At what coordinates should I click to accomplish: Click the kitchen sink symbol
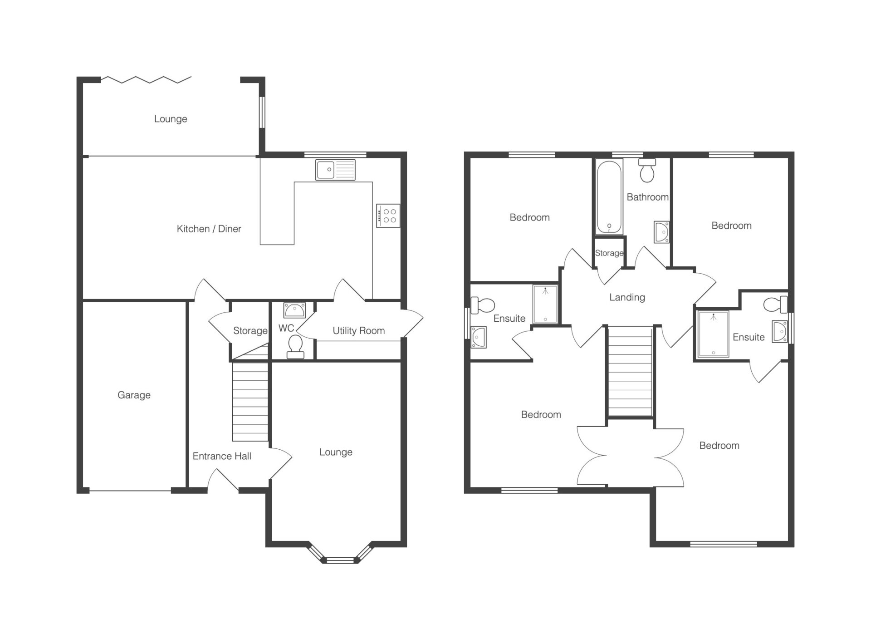335,170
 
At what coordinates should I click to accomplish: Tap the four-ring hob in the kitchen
388,216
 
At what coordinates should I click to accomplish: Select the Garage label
134,395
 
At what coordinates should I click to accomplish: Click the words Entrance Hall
222,456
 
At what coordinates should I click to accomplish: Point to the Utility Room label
358,331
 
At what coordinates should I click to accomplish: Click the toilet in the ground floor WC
295,347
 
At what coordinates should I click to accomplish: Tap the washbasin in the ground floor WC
295,310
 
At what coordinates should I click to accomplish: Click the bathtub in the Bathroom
609,197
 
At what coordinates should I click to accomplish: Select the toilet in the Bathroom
647,170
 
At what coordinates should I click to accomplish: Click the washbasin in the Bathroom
662,232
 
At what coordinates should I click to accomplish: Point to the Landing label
627,297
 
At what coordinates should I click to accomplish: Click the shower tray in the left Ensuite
545,304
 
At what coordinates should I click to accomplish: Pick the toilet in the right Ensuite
776,304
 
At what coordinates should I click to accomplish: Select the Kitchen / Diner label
209,229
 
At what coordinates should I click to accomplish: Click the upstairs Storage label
609,253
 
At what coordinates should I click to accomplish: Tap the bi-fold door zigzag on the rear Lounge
146,80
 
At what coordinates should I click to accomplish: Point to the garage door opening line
130,491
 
